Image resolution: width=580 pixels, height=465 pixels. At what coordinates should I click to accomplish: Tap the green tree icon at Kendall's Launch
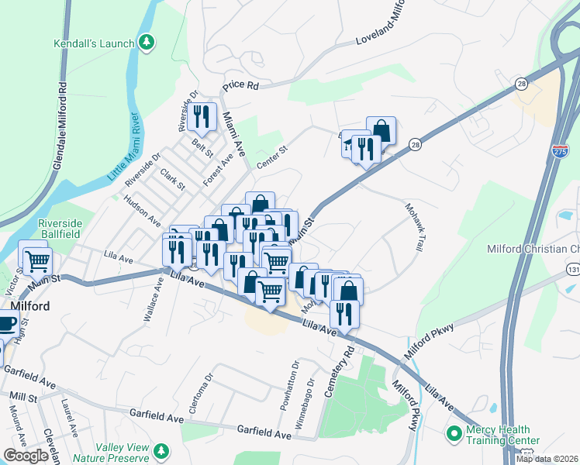[x=147, y=42]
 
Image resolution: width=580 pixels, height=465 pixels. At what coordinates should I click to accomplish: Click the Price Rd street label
[x=240, y=85]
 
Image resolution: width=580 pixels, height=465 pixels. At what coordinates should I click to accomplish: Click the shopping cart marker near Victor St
[x=36, y=261]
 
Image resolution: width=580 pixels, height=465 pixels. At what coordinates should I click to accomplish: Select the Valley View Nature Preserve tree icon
[x=161, y=449]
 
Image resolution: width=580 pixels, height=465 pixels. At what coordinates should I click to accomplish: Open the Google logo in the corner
[x=26, y=456]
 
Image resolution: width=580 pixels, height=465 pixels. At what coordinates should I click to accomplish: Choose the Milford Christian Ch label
[x=533, y=249]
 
